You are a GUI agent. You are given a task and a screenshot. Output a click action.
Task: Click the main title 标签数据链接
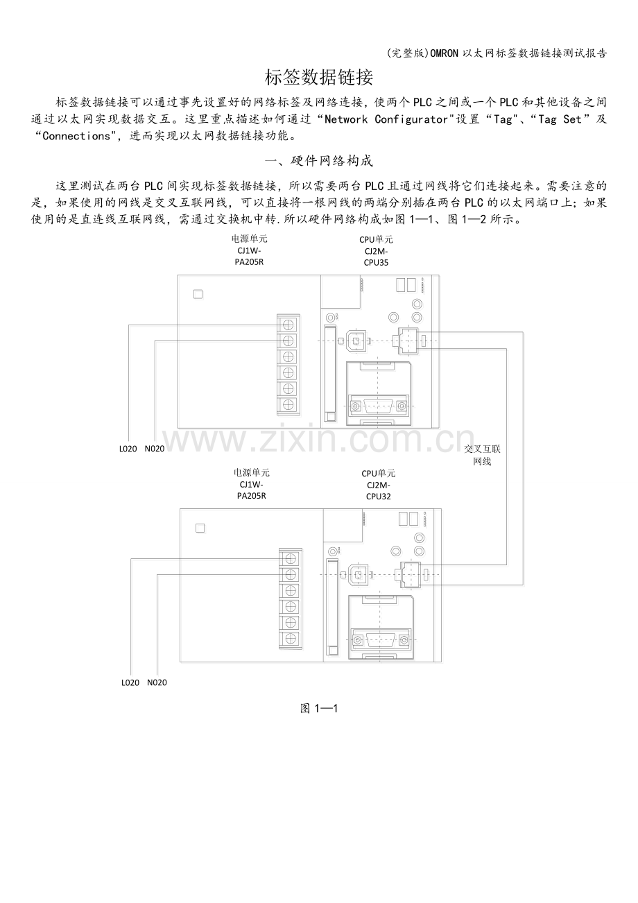coord(319,78)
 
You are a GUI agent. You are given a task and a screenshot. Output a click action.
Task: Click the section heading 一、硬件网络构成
coord(319,161)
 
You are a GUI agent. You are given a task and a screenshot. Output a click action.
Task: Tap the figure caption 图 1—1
coord(318,708)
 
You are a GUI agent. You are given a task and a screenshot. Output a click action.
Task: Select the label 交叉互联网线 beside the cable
coord(482,455)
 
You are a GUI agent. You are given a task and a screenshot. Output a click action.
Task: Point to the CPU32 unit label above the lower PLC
coord(378,485)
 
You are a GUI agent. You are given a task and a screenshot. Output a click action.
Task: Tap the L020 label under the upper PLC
coord(128,449)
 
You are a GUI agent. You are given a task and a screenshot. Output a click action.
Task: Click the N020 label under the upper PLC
coord(155,449)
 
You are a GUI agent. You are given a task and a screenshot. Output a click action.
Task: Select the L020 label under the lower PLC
coord(130,682)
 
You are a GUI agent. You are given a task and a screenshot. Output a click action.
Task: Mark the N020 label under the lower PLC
coord(157,682)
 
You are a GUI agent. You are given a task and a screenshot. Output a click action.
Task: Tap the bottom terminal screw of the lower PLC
coord(291,638)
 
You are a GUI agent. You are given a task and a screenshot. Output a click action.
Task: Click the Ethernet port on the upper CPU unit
coord(404,341)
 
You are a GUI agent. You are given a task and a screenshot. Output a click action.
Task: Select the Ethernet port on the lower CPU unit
coord(406,574)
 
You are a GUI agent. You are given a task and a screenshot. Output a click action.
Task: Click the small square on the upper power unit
coord(198,294)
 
